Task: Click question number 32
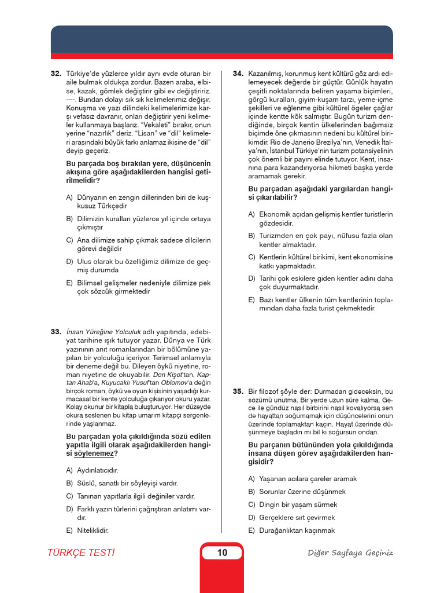[x=56, y=74]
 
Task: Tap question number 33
[x=56, y=332]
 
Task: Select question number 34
[x=238, y=74]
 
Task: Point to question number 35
[x=238, y=391]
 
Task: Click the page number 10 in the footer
[x=222, y=552]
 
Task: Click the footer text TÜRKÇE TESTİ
[x=81, y=552]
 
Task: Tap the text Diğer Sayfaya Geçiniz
[x=350, y=552]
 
